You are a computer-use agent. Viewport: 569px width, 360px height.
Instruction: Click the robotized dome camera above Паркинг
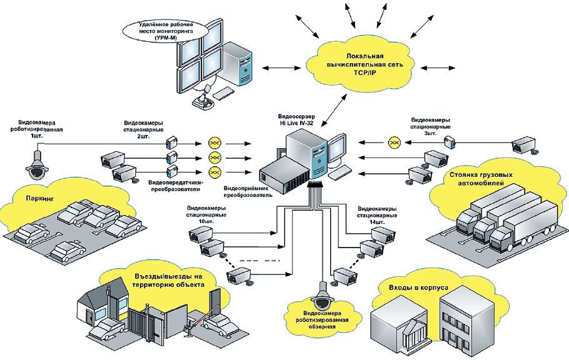[36, 164]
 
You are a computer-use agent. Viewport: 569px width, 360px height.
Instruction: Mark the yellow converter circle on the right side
[394, 142]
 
